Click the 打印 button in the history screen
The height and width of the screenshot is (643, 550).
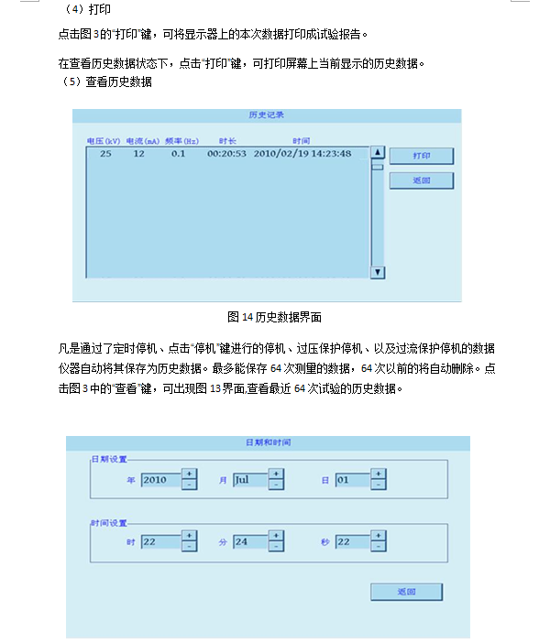pyautogui.click(x=421, y=157)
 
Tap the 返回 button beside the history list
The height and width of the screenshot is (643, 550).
pyautogui.click(x=421, y=180)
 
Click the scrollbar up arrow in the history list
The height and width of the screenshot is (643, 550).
pyautogui.click(x=377, y=152)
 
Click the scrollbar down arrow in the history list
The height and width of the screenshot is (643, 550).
pyautogui.click(x=377, y=272)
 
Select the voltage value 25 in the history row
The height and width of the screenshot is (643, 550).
pyautogui.click(x=106, y=154)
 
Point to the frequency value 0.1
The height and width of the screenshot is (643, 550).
pyautogui.click(x=178, y=154)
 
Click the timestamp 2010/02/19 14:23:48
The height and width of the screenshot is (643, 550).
pyautogui.click(x=302, y=154)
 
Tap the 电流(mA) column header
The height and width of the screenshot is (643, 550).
pyautogui.click(x=142, y=141)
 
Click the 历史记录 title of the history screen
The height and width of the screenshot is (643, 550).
pyautogui.click(x=267, y=115)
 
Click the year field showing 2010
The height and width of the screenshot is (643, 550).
pyautogui.click(x=159, y=479)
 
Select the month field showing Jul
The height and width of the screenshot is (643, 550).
pyautogui.click(x=249, y=479)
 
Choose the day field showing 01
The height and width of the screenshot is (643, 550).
pyautogui.click(x=352, y=479)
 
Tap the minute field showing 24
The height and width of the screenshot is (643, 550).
pyautogui.click(x=249, y=541)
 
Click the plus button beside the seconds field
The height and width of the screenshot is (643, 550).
pyautogui.click(x=379, y=536)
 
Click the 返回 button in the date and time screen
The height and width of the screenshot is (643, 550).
pyautogui.click(x=406, y=592)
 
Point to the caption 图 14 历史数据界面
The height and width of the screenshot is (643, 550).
pyautogui.click(x=274, y=317)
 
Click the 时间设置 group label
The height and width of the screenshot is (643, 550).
pyautogui.click(x=108, y=523)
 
